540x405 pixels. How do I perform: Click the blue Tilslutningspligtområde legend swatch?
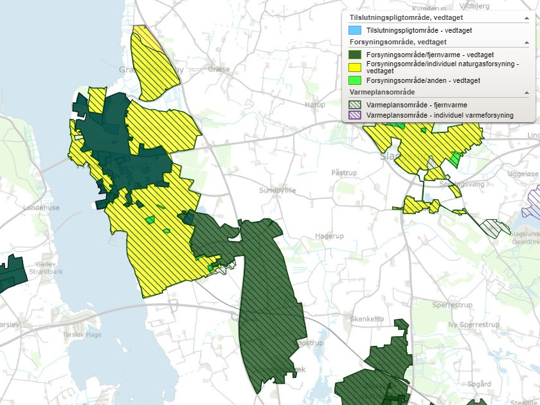[x=354, y=30]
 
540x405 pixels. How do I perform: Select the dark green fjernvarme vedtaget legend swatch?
[x=354, y=55]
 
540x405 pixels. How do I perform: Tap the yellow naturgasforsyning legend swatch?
[x=354, y=67]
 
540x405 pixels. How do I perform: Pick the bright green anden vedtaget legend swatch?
[x=354, y=80]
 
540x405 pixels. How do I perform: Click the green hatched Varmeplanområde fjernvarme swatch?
[x=354, y=105]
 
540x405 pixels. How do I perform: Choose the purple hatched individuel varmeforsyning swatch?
[x=354, y=115]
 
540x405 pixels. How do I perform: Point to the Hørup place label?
[x=314, y=104]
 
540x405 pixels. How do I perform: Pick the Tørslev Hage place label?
[x=82, y=334]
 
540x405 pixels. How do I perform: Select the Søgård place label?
[x=479, y=384]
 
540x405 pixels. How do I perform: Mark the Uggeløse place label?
[x=522, y=174]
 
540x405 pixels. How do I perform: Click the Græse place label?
[x=219, y=69]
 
